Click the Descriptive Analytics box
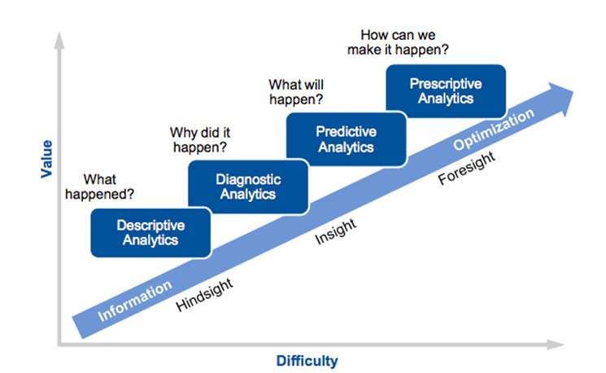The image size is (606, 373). coord(150,233)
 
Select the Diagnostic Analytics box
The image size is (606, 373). coord(248,186)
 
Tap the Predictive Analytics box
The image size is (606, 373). coord(347,139)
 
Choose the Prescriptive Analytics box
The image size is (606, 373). coord(446,91)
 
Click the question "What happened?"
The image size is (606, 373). coord(100,186)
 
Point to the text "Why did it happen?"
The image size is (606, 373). coord(200,140)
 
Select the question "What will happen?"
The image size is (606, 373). coord(296,92)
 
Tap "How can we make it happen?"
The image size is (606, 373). coord(398,42)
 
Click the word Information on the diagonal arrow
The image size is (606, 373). coord(135,301)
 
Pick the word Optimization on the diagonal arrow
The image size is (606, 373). coord(494,129)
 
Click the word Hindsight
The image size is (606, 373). coord(204,295)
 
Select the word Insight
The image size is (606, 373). coord(335,231)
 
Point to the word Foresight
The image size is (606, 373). coord(466,168)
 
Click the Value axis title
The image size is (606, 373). coord(46,159)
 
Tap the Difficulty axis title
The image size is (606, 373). coord(307,361)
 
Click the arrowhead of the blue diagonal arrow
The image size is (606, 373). coord(561,98)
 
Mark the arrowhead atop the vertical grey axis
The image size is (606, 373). coord(59,41)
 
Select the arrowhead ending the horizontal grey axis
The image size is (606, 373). coord(556,344)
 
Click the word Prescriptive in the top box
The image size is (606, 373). coord(446,84)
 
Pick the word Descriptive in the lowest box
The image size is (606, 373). coord(150,226)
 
